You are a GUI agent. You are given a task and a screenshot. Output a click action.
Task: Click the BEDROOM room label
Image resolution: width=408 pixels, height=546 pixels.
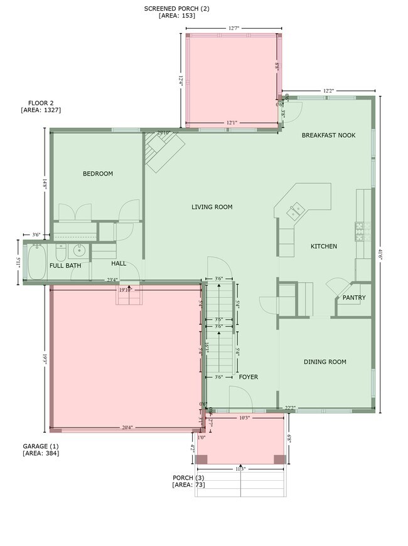pyautogui.click(x=98, y=174)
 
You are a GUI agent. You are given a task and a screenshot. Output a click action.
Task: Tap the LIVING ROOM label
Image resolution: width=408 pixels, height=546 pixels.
pyautogui.click(x=212, y=207)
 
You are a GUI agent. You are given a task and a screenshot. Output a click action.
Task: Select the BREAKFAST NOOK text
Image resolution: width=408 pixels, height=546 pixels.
pyautogui.click(x=328, y=135)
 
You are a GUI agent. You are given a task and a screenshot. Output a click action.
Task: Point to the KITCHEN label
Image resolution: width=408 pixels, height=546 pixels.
pyautogui.click(x=324, y=246)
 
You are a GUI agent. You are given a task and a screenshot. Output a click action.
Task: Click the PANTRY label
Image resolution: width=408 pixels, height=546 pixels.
pyautogui.click(x=353, y=298)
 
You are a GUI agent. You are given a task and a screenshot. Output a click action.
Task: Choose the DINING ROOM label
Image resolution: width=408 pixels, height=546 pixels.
pyautogui.click(x=325, y=362)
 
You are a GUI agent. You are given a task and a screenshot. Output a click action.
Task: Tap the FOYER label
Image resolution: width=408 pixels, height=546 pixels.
pyautogui.click(x=249, y=377)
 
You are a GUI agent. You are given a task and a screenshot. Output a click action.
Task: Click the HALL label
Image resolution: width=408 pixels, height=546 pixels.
pyautogui.click(x=119, y=263)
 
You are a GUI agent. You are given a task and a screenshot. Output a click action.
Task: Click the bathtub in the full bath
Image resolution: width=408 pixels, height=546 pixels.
pyautogui.click(x=35, y=261)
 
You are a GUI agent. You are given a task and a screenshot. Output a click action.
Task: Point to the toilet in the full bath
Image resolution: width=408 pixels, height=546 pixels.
pyautogui.click(x=60, y=253)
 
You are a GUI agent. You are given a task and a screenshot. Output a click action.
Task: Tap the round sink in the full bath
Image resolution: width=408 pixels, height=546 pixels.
pyautogui.click(x=80, y=251)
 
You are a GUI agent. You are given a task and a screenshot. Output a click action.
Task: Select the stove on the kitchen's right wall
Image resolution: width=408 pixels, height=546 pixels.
pyautogui.click(x=360, y=233)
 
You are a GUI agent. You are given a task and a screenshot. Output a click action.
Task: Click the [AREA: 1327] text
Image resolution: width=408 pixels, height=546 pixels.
pyautogui.click(x=41, y=110)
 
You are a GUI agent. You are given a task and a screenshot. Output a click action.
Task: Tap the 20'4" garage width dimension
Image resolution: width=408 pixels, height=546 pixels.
pyautogui.click(x=127, y=428)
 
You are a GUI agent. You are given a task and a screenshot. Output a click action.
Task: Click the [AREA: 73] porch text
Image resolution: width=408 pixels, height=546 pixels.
pyautogui.click(x=188, y=485)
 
